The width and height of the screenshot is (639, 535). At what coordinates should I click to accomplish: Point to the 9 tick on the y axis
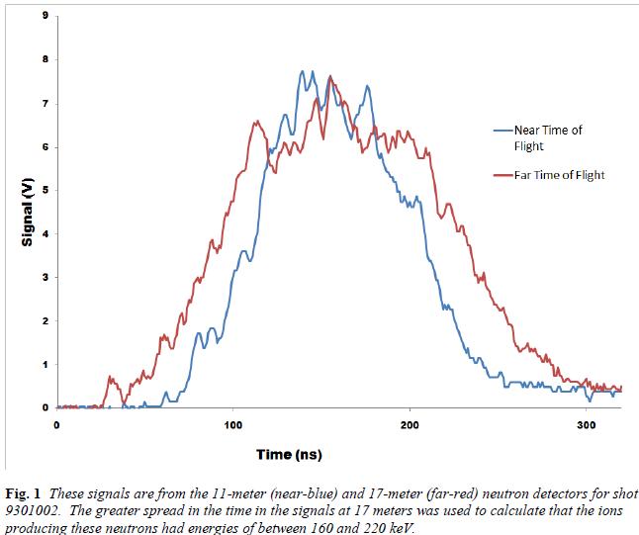(x=46, y=17)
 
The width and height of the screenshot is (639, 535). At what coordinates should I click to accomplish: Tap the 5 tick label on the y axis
(x=46, y=191)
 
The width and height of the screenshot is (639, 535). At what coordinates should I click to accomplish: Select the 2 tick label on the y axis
(x=46, y=321)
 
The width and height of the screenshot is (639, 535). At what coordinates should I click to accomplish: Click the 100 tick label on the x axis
(x=233, y=424)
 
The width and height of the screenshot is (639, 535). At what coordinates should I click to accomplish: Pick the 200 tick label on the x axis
(x=410, y=424)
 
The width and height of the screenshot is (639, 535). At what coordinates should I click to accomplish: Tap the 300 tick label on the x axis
(x=586, y=424)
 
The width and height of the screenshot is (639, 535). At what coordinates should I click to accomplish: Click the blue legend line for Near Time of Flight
(x=503, y=129)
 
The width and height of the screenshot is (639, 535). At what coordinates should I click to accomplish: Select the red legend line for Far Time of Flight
(x=503, y=175)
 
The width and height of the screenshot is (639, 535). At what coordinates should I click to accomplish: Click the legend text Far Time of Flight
(x=559, y=175)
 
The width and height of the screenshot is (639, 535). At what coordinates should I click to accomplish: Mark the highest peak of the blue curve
(x=303, y=71)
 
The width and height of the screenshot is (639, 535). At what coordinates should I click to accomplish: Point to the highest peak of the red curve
(x=329, y=77)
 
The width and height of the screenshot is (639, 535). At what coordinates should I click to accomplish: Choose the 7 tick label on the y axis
(x=46, y=104)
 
